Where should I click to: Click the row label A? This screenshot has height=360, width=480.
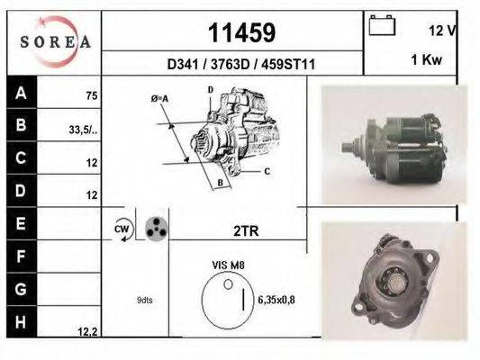pyautogui.click(x=22, y=94)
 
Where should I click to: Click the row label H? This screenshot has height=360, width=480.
pyautogui.click(x=22, y=320)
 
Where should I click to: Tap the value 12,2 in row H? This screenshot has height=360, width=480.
pyautogui.click(x=86, y=331)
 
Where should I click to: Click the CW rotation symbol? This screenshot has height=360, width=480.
pyautogui.click(x=122, y=229)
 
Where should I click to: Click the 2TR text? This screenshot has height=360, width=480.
pyautogui.click(x=245, y=230)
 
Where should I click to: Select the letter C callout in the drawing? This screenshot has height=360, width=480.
pyautogui.click(x=267, y=170)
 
